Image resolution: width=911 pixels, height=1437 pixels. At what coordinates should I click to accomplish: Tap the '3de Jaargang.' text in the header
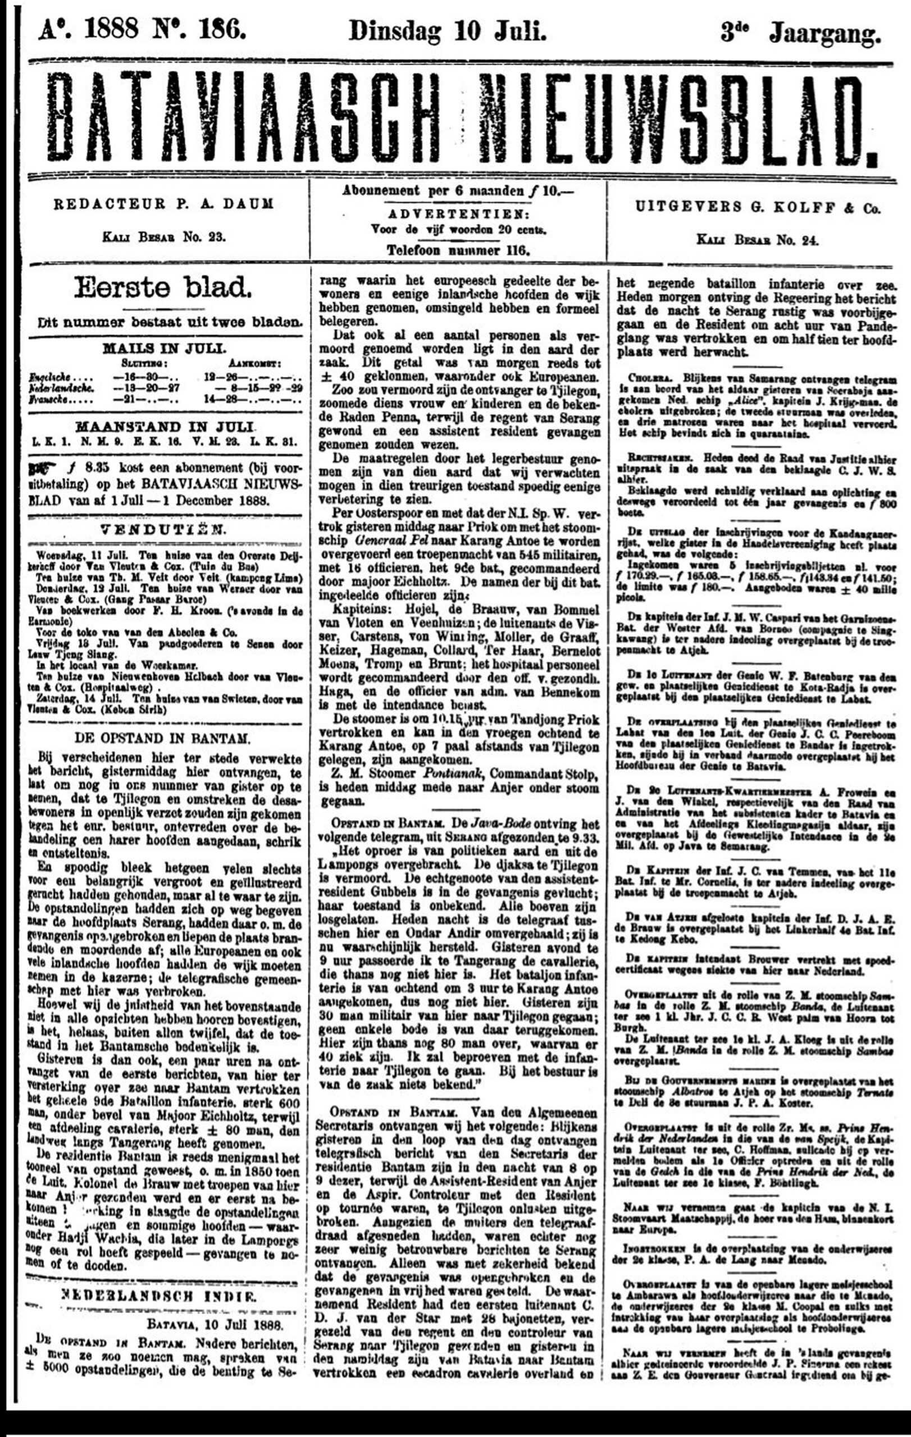(x=800, y=32)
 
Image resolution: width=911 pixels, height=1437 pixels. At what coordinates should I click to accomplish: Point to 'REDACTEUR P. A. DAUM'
(x=163, y=204)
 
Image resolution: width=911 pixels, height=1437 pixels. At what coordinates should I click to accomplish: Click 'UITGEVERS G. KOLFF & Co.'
(x=758, y=208)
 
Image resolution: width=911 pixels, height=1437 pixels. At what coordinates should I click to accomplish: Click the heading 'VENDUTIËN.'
(x=163, y=529)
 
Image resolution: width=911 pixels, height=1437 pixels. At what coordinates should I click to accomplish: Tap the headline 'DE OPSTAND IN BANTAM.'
(x=162, y=738)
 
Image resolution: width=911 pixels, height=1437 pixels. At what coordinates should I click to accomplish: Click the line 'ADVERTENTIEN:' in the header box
(x=458, y=214)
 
